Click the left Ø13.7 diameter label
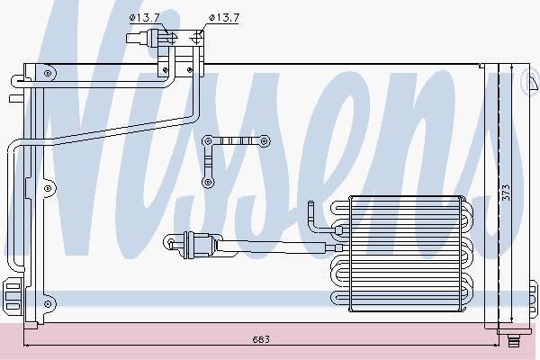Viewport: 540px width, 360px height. click(144, 18)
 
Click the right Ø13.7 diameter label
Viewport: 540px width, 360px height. click(224, 18)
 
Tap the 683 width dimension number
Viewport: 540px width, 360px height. click(261, 339)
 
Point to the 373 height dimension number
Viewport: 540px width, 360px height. click(506, 193)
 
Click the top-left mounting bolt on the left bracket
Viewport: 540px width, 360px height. click(48, 73)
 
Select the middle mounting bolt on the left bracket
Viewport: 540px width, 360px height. click(48, 188)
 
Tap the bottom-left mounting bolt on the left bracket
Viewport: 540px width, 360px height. click(48, 304)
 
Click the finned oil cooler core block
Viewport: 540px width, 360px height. click(405, 254)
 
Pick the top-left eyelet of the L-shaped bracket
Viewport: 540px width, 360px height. click(208, 141)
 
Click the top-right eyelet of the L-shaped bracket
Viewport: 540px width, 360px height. click(264, 141)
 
